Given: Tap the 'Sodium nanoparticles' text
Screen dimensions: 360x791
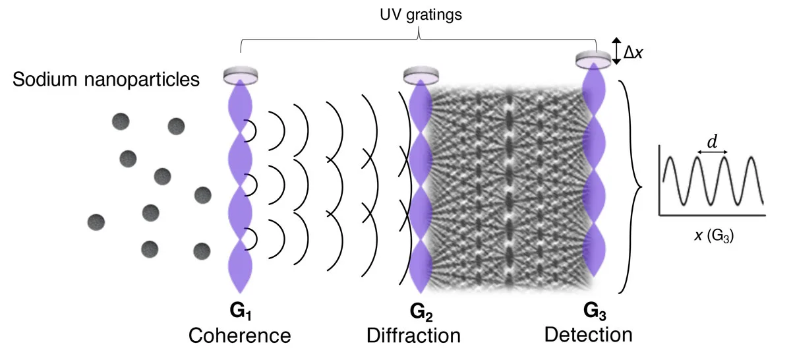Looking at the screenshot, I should pos(106,81).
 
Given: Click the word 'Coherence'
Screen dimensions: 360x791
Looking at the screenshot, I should pos(240,335).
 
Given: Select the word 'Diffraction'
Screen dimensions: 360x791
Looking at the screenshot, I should pos(413,335).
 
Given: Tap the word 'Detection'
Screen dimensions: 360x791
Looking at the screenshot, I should pos(588,334).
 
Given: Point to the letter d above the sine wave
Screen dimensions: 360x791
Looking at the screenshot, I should pos(713,141).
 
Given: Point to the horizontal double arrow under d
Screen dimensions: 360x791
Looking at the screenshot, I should pos(713,154).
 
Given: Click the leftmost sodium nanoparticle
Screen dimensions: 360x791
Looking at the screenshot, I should pos(97,222).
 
